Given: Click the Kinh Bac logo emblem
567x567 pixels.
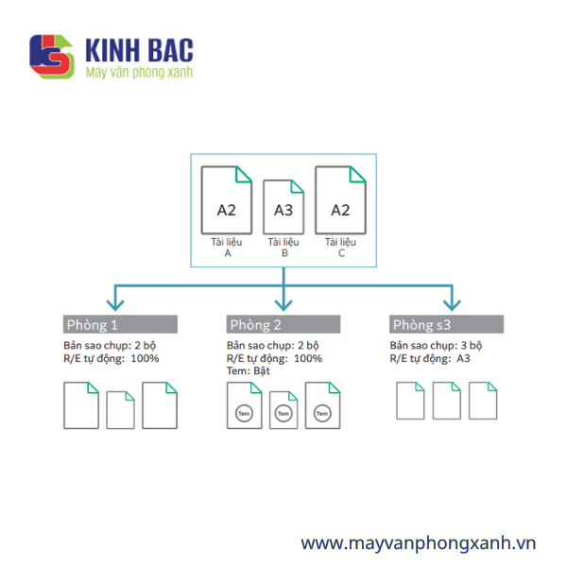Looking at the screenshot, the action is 52,57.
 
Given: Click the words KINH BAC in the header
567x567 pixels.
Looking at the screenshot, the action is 139,50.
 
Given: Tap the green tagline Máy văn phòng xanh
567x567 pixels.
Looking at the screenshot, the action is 139,73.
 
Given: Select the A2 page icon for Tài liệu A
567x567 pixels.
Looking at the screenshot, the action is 227,200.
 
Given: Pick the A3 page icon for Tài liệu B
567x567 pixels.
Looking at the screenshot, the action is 283,207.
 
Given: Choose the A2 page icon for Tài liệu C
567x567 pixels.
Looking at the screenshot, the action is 340,200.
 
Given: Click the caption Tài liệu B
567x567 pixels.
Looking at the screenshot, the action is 283,248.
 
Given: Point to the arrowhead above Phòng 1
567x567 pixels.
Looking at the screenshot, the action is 115,305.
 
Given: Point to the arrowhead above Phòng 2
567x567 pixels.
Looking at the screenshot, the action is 283,305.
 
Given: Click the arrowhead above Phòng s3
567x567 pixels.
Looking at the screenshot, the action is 452,305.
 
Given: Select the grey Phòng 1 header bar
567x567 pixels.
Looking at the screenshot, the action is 120,324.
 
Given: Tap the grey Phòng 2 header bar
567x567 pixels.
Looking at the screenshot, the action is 283,324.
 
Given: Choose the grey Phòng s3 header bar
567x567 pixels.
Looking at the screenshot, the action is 447,324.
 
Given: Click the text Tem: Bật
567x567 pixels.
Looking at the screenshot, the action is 248,371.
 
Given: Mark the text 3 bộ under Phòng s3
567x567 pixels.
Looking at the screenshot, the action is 472,346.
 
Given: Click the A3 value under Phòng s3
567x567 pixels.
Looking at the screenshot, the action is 463,358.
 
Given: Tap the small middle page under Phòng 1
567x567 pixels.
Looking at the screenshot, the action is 120,410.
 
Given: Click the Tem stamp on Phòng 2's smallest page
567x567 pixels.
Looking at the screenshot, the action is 283,413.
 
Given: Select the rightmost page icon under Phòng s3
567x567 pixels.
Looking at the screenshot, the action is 483,401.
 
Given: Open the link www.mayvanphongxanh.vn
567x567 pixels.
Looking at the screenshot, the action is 419,543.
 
